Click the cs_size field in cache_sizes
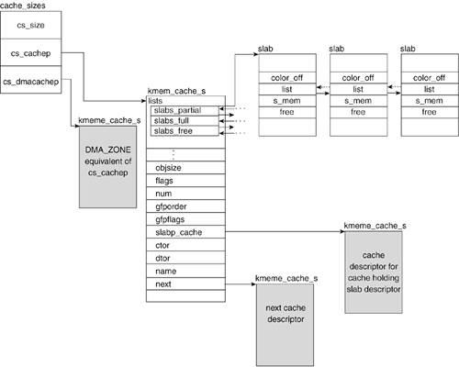pos(30,25)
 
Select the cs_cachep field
pos(30,52)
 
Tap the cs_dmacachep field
pos(30,80)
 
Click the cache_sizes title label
pos(23,6)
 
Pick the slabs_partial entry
pos(185,111)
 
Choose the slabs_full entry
pos(185,121)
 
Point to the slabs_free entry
pos(185,130)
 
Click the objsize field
pos(185,168)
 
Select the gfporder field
pos(185,206)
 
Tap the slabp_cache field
pos(185,232)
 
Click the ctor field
pos(185,245)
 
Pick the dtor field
pos(185,258)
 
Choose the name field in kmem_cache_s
pos(185,271)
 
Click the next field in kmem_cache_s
pos(185,284)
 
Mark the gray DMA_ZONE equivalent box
pos(107,167)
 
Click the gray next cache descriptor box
pos(285,325)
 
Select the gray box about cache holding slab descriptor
pos(374,272)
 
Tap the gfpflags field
pos(185,219)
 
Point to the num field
pos(185,194)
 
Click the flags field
pos(185,181)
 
